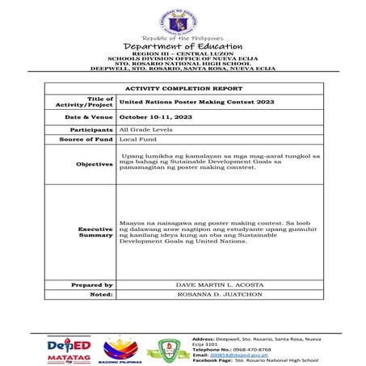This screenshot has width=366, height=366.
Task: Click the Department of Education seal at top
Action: pos(183,19)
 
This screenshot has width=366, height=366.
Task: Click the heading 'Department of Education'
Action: pos(183,46)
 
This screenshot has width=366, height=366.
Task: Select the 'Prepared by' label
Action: pos(91,284)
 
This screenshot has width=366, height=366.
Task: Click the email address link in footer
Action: pos(228,354)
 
